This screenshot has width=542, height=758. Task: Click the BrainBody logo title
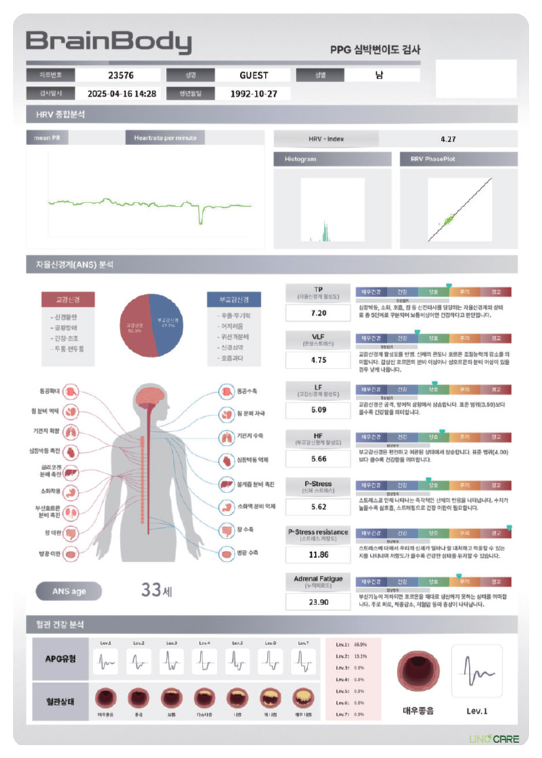coord(108,43)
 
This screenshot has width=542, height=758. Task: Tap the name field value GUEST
coord(253,75)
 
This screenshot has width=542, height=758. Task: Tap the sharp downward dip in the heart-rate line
coord(201,217)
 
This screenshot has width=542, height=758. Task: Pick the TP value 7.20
coord(318,313)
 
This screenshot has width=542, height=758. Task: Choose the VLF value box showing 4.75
coord(318,360)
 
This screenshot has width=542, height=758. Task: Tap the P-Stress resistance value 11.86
coord(318,554)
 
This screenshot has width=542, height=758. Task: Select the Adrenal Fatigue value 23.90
coord(318,602)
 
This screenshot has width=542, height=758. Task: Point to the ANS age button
coord(69,591)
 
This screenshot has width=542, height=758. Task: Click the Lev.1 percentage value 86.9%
coord(359,644)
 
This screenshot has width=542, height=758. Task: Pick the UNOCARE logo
coord(494,738)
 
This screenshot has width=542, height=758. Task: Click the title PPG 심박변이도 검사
coord(375,49)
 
